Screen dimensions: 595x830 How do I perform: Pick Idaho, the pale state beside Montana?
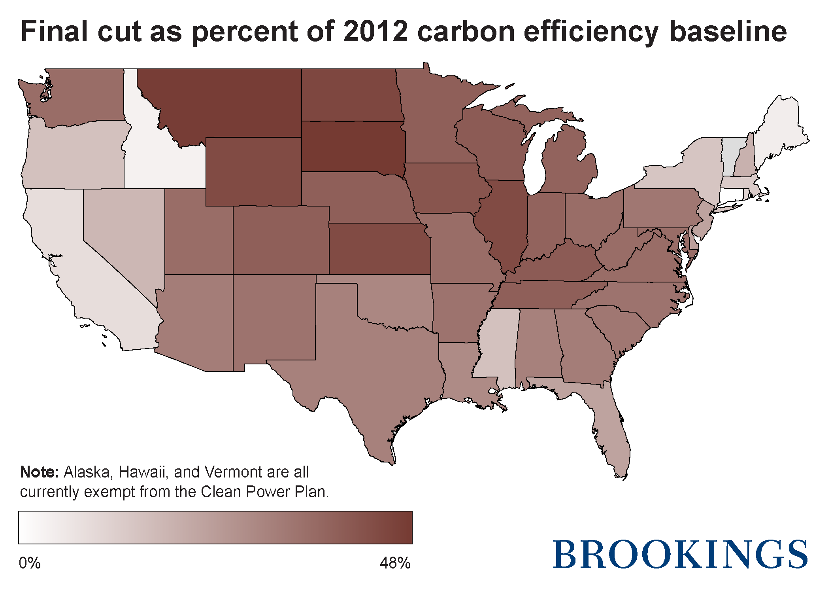158,158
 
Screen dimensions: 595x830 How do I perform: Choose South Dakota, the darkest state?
352,146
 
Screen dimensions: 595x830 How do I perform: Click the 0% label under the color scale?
30,563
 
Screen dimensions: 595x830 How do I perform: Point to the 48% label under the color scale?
395,563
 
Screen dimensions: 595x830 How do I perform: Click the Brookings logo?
680,554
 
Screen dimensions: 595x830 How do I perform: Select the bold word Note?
40,472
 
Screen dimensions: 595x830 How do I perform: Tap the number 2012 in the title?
375,32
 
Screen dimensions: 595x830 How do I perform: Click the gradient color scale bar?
215,527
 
